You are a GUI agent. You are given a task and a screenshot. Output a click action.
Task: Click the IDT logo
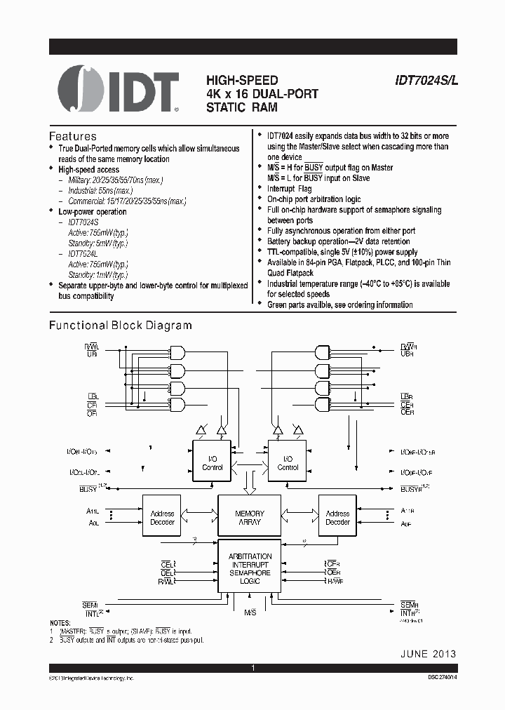[117, 91]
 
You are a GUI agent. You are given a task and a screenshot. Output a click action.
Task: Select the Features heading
[72, 136]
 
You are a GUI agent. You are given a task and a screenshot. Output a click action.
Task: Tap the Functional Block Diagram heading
[120, 326]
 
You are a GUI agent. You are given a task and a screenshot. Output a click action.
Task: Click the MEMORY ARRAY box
[249, 518]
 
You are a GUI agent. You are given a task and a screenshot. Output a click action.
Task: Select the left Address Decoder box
[162, 518]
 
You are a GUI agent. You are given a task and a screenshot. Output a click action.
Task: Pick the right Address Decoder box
[337, 518]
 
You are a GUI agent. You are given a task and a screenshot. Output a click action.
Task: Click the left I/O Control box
[212, 463]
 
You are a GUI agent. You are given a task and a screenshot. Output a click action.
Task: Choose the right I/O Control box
[288, 463]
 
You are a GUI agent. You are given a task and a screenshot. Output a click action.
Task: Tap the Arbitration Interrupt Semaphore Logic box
[250, 568]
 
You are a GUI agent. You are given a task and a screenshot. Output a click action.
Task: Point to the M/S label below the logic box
[250, 612]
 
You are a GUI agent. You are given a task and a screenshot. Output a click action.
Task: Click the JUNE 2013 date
[428, 653]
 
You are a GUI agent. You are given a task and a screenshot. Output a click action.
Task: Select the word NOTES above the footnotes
[60, 623]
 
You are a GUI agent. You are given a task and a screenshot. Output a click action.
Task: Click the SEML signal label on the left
[90, 605]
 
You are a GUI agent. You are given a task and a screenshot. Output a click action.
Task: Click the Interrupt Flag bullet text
[290, 189]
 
